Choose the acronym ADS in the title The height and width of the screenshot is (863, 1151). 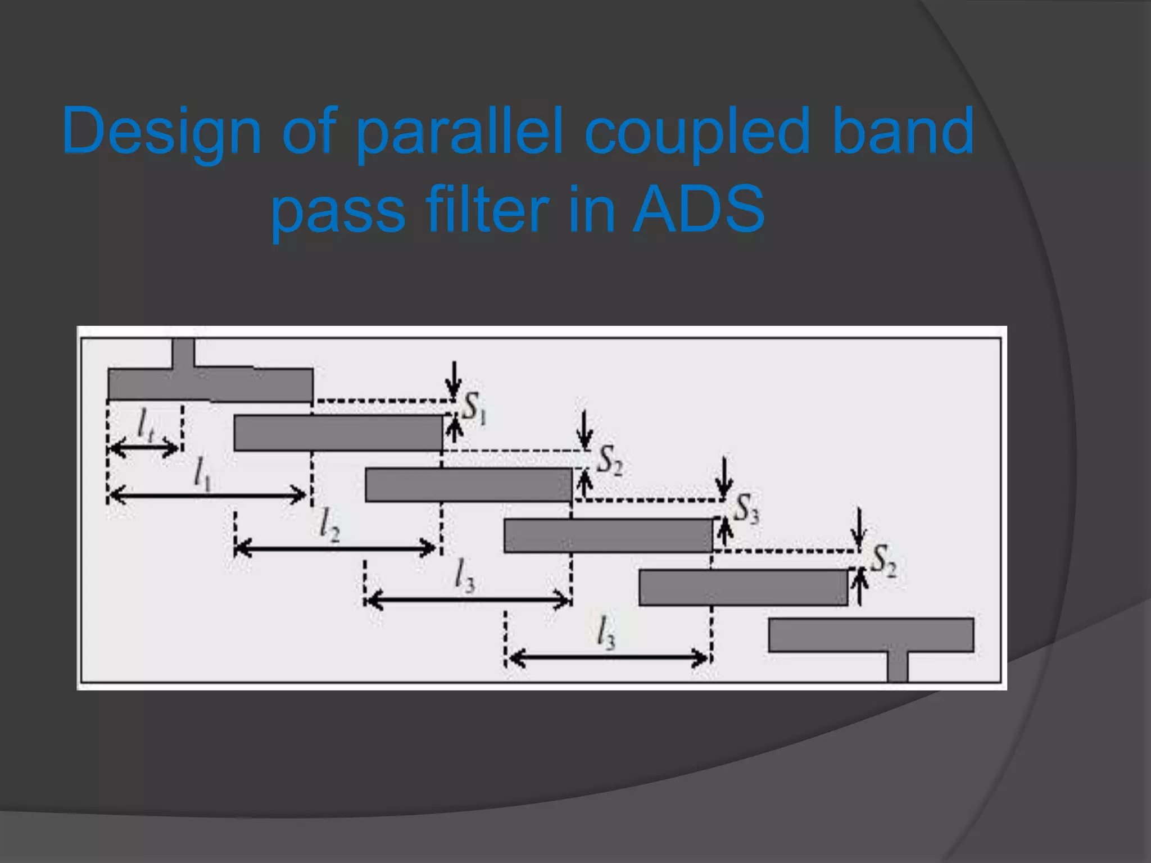coord(699,210)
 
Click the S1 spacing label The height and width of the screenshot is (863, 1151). coord(474,407)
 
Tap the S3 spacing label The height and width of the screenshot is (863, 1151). coord(746,508)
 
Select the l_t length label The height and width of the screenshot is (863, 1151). coord(145,424)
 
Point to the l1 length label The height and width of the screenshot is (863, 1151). coord(202,473)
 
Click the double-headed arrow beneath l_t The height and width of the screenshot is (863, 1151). coord(144,448)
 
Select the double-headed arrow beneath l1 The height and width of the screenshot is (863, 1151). coord(207,496)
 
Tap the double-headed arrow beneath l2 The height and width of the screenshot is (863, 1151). coord(335,547)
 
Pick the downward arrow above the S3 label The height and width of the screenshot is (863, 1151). coord(724,478)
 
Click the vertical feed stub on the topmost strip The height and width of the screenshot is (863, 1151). coord(183,353)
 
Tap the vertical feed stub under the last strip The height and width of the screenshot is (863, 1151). coord(898,666)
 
